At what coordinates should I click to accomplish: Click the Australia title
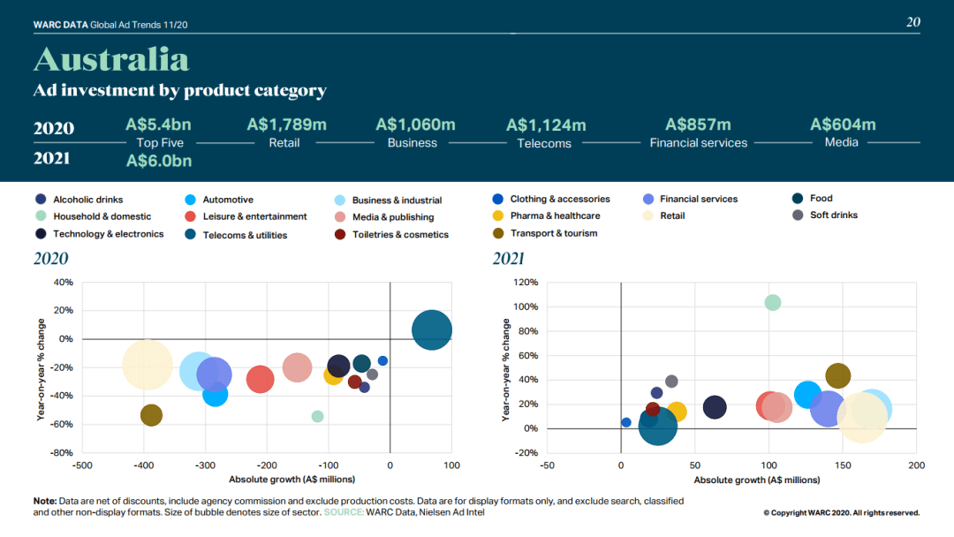(111, 59)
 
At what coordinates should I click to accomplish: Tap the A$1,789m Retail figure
(286, 125)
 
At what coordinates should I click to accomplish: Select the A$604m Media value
(843, 125)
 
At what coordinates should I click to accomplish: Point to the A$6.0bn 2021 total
(159, 161)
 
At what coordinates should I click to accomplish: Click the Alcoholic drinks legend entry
(79, 200)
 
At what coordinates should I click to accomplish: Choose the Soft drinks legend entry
(825, 216)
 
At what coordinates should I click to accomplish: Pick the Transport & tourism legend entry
(545, 233)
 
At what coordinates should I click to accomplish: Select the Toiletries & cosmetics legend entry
(392, 235)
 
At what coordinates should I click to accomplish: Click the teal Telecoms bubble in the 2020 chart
(432, 330)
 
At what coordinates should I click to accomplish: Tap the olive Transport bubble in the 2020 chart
(152, 415)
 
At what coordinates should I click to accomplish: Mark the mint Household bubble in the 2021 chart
(772, 302)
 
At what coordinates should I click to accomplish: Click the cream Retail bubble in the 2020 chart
(148, 365)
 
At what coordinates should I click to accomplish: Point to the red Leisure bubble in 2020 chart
(261, 380)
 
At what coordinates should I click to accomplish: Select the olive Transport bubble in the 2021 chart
(837, 376)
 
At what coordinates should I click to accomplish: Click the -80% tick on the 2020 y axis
(62, 453)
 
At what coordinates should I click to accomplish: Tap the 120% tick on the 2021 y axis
(526, 282)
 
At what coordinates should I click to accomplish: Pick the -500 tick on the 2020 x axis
(82, 465)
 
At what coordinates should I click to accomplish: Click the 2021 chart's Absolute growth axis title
(757, 480)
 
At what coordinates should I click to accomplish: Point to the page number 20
(913, 22)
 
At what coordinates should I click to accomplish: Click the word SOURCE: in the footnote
(344, 512)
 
